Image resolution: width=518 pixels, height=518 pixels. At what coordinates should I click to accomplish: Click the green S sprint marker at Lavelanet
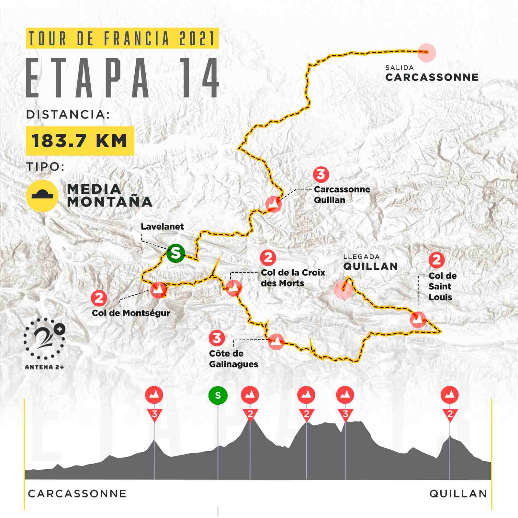pyautogui.click(x=175, y=253)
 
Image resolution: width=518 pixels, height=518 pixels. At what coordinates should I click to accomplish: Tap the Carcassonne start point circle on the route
pyautogui.click(x=426, y=52)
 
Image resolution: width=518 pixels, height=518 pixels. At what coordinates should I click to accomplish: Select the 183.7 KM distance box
pyautogui.click(x=80, y=141)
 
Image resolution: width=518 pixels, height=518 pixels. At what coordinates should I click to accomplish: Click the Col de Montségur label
pyautogui.click(x=131, y=313)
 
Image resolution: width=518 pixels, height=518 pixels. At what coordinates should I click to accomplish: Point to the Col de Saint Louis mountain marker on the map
pyautogui.click(x=418, y=320)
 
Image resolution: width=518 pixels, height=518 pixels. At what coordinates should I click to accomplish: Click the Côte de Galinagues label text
pyautogui.click(x=233, y=359)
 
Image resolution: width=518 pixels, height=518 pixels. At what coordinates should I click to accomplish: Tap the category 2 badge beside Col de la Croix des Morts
pyautogui.click(x=268, y=258)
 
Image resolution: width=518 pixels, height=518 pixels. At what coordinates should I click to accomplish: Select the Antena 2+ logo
pyautogui.click(x=44, y=343)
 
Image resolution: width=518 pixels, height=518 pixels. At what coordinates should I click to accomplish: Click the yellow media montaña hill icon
pyautogui.click(x=42, y=196)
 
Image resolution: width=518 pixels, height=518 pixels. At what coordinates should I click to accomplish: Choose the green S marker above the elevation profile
pyautogui.click(x=218, y=395)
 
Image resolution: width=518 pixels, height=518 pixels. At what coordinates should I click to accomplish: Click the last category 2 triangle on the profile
pyautogui.click(x=450, y=414)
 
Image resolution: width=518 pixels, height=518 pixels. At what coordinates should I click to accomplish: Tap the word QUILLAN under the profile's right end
pyautogui.click(x=458, y=494)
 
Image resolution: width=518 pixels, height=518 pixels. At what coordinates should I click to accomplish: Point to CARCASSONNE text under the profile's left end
pyautogui.click(x=77, y=494)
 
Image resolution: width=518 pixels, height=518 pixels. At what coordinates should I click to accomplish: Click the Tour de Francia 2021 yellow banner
pyautogui.click(x=122, y=39)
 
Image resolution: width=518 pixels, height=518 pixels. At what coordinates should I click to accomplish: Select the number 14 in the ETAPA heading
pyautogui.click(x=200, y=79)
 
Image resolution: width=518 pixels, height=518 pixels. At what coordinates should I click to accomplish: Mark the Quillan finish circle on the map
pyautogui.click(x=343, y=289)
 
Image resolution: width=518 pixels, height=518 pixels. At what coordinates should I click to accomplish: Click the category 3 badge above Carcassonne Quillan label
pyautogui.click(x=321, y=175)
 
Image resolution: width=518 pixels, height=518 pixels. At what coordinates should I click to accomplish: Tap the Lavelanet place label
pyautogui.click(x=162, y=227)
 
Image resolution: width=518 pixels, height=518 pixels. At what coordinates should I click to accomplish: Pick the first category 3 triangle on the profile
pyautogui.click(x=154, y=414)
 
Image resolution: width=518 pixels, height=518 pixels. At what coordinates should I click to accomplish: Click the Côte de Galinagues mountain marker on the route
pyautogui.click(x=276, y=342)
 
